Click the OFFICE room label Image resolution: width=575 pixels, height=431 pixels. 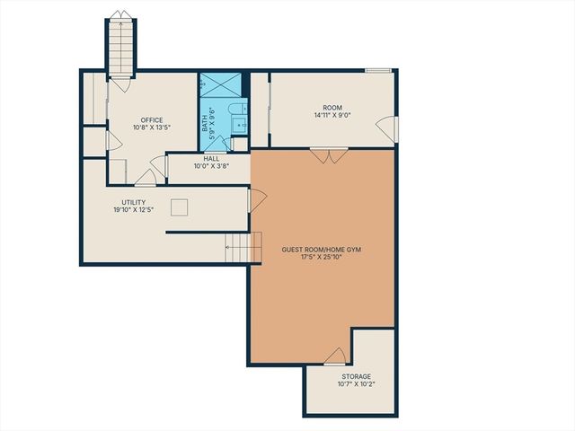(x=151, y=119)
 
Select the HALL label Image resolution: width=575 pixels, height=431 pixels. (x=211, y=158)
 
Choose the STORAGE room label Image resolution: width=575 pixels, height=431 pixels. (x=356, y=376)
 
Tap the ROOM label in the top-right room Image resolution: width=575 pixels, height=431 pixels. (x=333, y=107)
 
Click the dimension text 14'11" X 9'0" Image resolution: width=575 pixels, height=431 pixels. (x=333, y=115)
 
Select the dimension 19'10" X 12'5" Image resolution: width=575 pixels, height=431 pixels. (x=134, y=210)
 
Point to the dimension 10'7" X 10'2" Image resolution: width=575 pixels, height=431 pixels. (x=356, y=384)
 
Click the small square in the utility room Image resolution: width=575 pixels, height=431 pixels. (x=181, y=207)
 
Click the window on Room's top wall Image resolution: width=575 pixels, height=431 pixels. (x=377, y=70)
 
